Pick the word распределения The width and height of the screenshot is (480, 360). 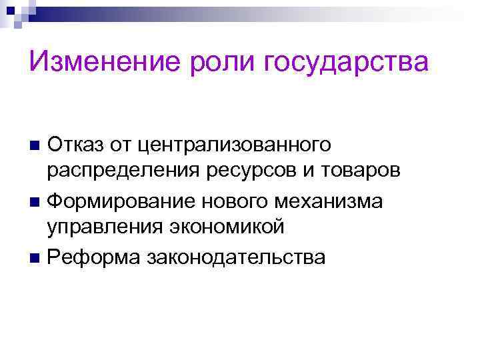[119, 171]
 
